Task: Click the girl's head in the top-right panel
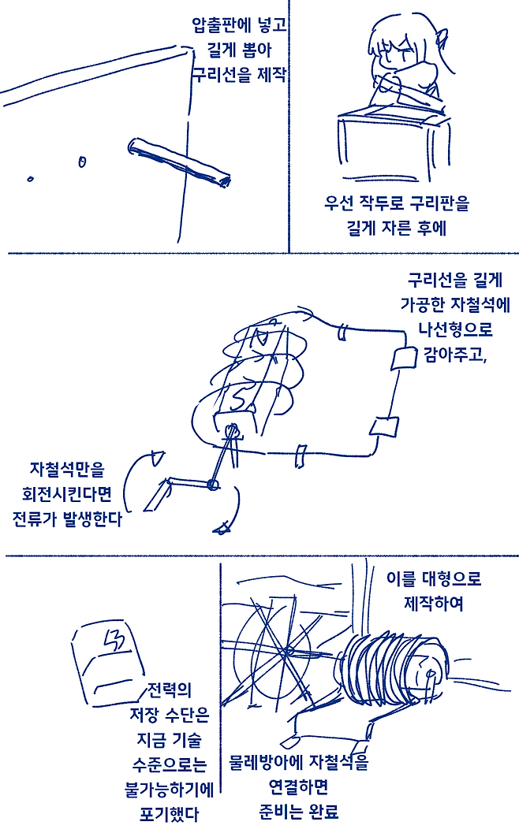(x=402, y=51)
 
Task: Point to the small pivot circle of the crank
(x=211, y=485)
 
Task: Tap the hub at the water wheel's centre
(x=288, y=651)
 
